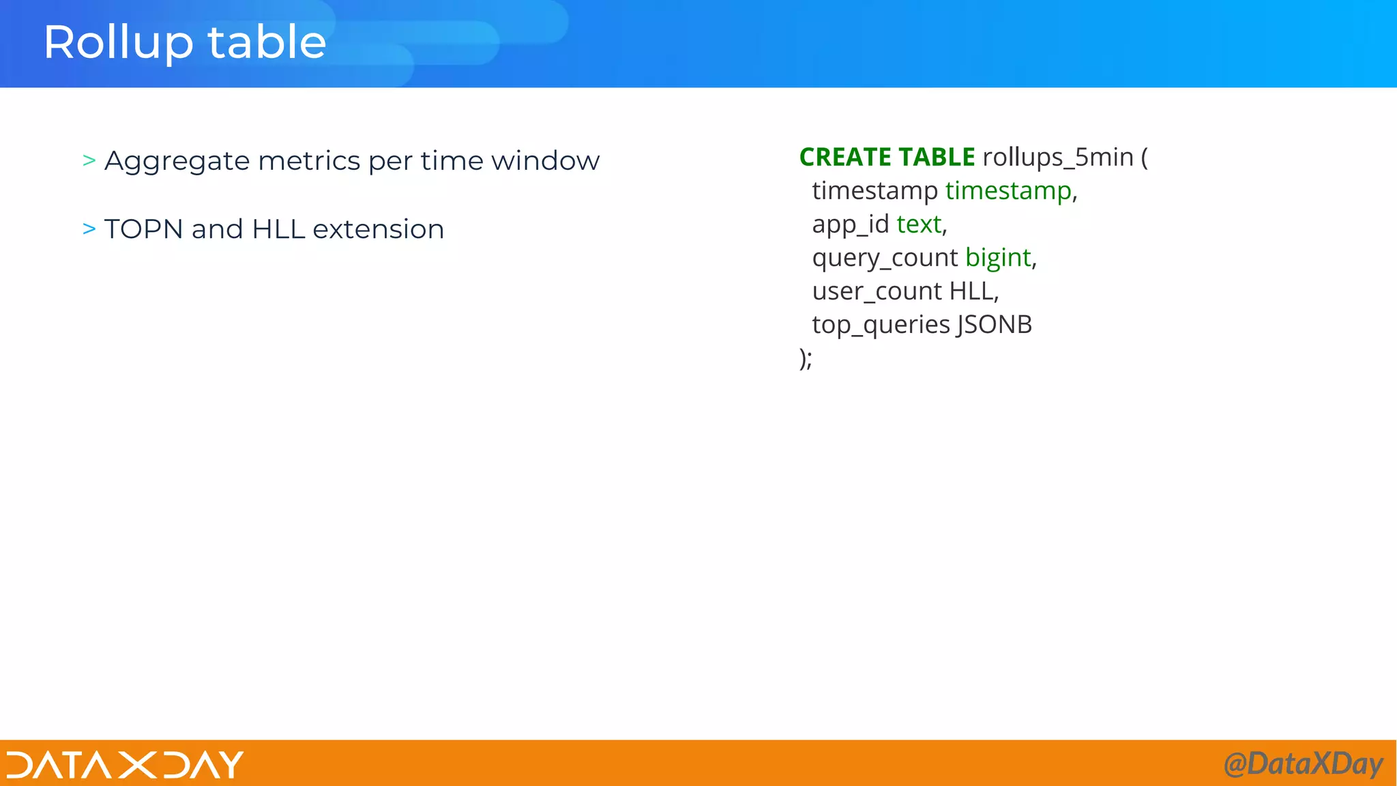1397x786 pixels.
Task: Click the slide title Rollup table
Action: [184, 42]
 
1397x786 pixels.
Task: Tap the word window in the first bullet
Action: [545, 161]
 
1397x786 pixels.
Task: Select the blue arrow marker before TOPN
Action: [89, 229]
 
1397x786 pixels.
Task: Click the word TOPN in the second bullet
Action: [143, 229]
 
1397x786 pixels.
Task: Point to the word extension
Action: [378, 229]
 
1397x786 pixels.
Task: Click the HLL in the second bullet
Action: [278, 229]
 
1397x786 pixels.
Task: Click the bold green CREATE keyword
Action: [844, 158]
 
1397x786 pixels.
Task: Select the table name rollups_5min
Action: [1057, 158]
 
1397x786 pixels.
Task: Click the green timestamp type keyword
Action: [1008, 191]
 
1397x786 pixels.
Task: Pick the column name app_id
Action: [850, 224]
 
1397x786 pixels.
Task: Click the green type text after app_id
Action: [919, 224]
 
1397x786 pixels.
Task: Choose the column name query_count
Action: [885, 258]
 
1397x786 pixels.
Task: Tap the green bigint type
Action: [998, 258]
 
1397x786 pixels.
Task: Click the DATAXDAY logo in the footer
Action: [125, 764]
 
